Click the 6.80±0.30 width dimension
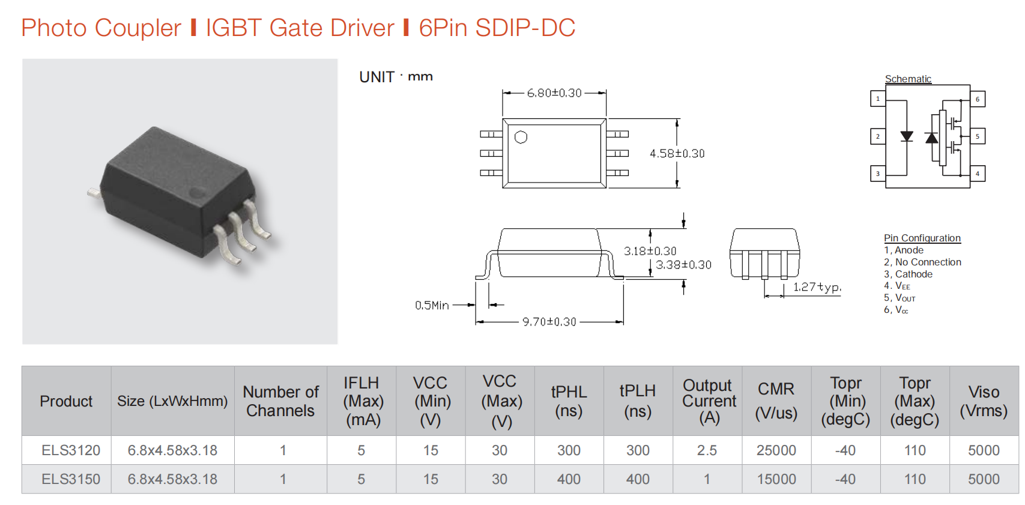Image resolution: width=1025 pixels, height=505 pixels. click(x=554, y=93)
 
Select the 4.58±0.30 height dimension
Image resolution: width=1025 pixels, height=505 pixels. click(x=677, y=154)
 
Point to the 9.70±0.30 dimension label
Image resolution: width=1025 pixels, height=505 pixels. click(x=549, y=322)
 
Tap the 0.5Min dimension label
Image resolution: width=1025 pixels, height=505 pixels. click(x=432, y=305)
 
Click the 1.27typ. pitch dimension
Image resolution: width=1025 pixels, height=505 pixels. click(x=817, y=287)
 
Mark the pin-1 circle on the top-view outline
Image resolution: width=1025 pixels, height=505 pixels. click(x=521, y=138)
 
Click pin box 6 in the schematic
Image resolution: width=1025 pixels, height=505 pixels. click(x=978, y=99)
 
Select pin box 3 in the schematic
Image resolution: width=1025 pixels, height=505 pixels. click(x=878, y=174)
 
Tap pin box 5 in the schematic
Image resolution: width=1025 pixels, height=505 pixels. click(x=978, y=136)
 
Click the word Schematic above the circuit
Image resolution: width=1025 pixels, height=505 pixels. click(x=908, y=79)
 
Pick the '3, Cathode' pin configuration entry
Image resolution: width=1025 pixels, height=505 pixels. click(x=908, y=274)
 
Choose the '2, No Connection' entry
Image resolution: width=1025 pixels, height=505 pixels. click(x=922, y=262)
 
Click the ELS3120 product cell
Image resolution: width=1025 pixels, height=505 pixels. click(x=71, y=450)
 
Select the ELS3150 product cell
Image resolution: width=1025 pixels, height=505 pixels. click(x=71, y=479)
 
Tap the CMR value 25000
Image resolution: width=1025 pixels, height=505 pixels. click(x=776, y=450)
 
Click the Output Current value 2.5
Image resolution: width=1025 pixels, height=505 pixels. click(x=707, y=450)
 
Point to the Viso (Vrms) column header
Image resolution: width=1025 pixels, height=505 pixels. click(x=984, y=401)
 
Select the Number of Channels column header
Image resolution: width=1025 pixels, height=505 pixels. click(x=280, y=401)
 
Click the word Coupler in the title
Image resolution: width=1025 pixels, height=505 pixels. click(x=138, y=28)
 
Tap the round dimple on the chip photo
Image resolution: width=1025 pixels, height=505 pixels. click(x=197, y=193)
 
